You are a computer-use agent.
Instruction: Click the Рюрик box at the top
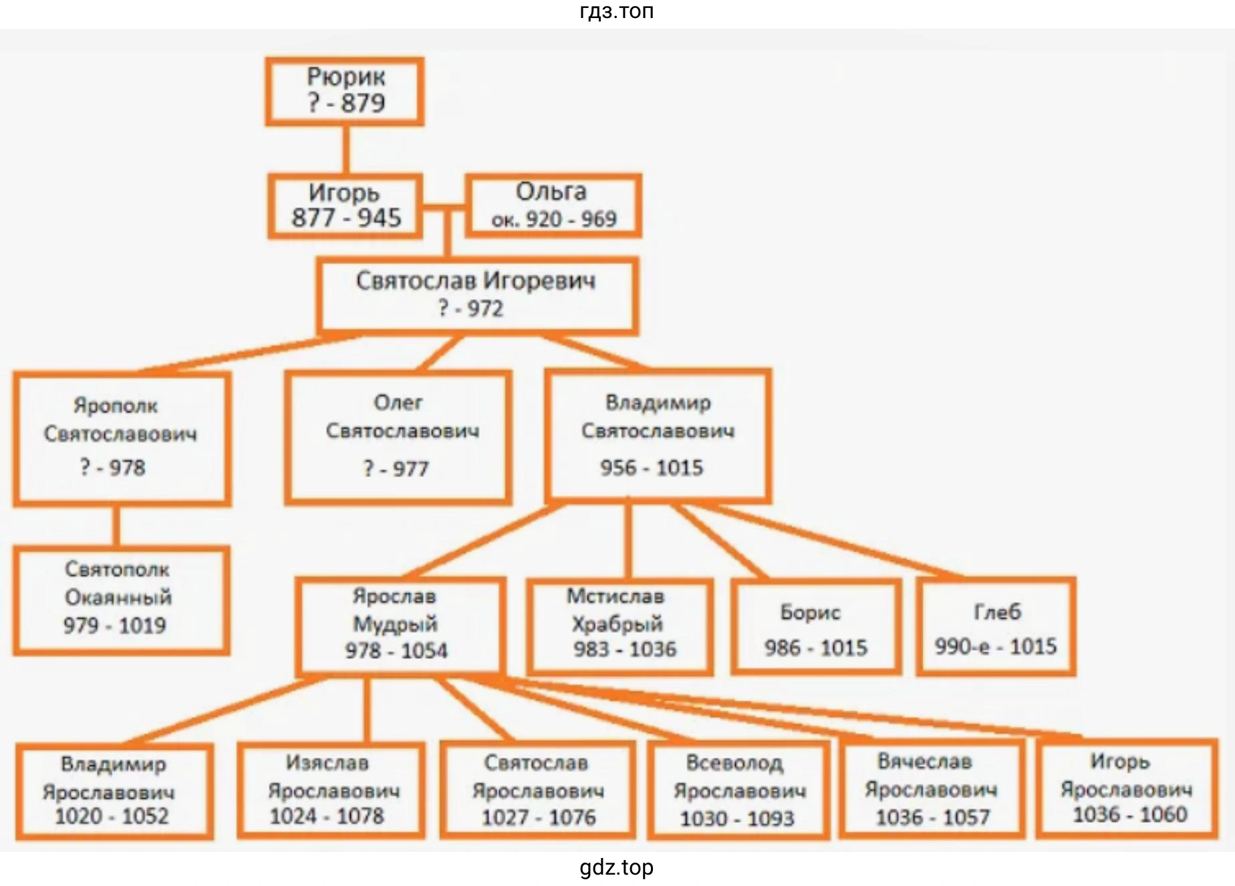coord(345,92)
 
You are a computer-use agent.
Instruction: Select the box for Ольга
coord(553,206)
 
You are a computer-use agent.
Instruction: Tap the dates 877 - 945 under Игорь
coord(346,218)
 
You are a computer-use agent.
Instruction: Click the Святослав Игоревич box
coord(477,296)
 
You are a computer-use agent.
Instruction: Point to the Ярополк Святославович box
coord(122,438)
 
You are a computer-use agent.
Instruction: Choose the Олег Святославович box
coord(398,438)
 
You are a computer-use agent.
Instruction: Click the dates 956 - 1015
coord(652,468)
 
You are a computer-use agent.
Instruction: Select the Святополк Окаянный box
coord(122,600)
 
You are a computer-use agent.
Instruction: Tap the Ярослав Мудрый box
coord(400,625)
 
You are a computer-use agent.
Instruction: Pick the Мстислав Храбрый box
coord(620,627)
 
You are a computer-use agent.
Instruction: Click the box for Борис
coord(816,627)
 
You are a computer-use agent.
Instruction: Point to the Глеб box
coord(996,627)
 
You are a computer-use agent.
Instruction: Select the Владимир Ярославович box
coord(114,791)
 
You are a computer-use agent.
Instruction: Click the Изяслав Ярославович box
coord(331,790)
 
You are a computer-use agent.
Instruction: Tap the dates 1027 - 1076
coord(539,817)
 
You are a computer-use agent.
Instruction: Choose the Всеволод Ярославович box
coord(738,790)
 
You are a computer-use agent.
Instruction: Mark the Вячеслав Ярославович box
coord(932,789)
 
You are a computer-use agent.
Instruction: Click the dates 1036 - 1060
coord(1130,815)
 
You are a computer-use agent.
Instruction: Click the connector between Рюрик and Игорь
coord(346,150)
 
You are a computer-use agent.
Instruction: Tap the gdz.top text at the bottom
coord(616,867)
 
